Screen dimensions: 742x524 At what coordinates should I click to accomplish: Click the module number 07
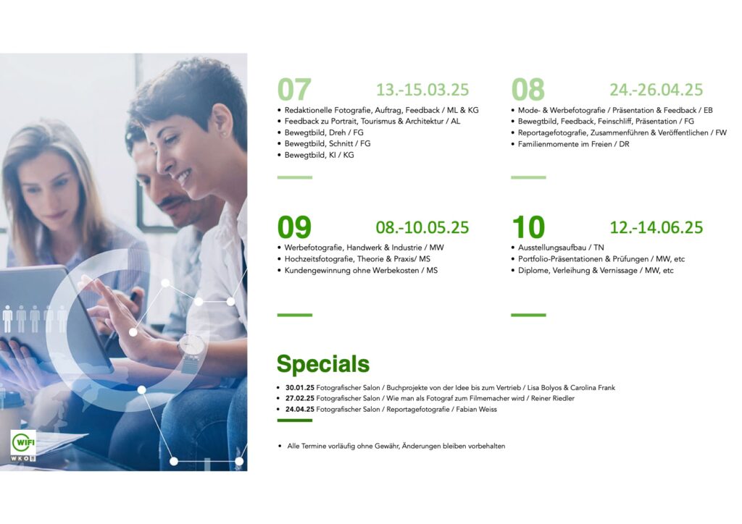pyautogui.click(x=294, y=89)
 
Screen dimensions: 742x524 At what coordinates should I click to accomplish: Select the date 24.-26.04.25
pyautogui.click(x=656, y=89)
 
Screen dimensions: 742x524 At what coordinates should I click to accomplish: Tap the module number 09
pyautogui.click(x=294, y=227)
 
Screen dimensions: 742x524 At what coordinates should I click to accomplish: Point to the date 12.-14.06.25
pyautogui.click(x=656, y=227)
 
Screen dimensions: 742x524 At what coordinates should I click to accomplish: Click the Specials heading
pyautogui.click(x=322, y=364)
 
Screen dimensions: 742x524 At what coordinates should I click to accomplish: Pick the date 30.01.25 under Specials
pyautogui.click(x=299, y=387)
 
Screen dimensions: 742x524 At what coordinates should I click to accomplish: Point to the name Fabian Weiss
pyautogui.click(x=477, y=409)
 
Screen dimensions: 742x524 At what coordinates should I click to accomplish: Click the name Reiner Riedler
pyautogui.click(x=553, y=398)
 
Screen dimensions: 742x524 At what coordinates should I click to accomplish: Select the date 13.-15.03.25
pyautogui.click(x=422, y=89)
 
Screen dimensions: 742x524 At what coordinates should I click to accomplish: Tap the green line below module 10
pyautogui.click(x=528, y=315)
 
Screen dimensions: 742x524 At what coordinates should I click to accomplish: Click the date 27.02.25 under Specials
pyautogui.click(x=299, y=398)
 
